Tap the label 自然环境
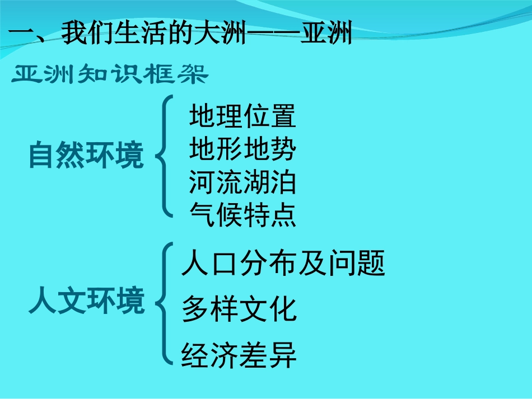[x=86, y=156]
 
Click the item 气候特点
[x=242, y=214]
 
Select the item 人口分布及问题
[x=283, y=264]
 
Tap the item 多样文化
[x=239, y=309]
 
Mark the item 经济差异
[x=239, y=355]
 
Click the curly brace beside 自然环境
[x=164, y=155]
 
